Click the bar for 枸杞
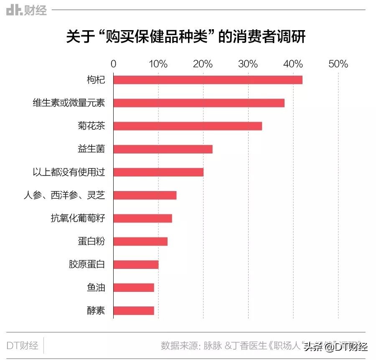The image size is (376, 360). point(208,80)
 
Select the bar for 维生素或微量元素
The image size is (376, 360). point(199,103)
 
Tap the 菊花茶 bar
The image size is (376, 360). point(188,126)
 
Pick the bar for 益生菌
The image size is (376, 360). point(163,149)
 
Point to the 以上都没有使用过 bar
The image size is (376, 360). point(158,172)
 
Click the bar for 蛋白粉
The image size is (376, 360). point(140,241)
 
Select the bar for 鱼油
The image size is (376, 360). point(134,287)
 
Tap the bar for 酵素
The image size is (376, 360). point(134,310)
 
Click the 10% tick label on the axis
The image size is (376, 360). point(158,64)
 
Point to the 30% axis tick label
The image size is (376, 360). point(248,64)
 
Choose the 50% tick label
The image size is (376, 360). point(338,64)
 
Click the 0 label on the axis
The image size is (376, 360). point(114,64)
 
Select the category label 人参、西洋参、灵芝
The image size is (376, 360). point(64,195)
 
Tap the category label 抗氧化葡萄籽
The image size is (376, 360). point(78,218)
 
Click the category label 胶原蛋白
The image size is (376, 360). point(87,264)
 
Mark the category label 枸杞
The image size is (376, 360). point(96,80)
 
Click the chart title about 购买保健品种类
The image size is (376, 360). point(186,37)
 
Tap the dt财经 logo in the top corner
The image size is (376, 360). point(26,10)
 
